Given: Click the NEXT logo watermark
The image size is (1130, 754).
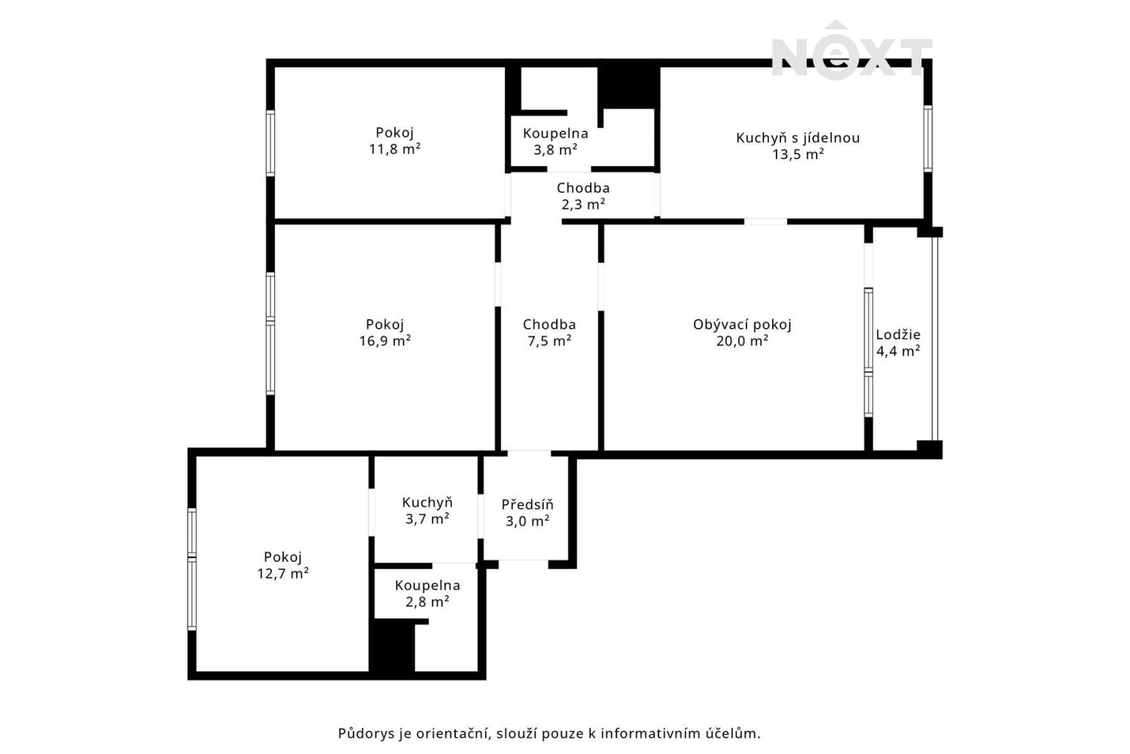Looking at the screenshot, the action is [851, 51].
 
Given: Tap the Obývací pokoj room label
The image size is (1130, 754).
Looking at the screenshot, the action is [742, 325].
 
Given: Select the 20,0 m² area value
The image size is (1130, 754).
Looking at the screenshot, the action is [742, 341].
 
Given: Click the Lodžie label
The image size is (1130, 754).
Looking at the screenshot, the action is [898, 334].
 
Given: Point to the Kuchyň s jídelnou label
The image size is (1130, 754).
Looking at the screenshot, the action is [798, 138].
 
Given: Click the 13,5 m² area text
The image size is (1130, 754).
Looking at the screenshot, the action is [798, 154].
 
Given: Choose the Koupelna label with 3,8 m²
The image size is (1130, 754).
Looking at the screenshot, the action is [555, 133].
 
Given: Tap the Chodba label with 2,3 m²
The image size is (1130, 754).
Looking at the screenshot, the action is [583, 188].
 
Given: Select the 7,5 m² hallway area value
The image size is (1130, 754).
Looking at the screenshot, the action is [549, 341].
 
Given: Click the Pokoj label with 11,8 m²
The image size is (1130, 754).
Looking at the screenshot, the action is [395, 133].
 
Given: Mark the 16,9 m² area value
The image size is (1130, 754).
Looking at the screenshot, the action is [385, 341].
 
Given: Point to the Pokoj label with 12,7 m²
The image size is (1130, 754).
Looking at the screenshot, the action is [282, 557].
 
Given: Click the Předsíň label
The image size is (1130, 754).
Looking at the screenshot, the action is [527, 504].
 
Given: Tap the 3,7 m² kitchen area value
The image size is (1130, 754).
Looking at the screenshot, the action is [427, 519].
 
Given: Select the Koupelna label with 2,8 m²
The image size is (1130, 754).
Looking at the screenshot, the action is [427, 585].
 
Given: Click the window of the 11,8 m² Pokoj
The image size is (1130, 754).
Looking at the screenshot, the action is [270, 143].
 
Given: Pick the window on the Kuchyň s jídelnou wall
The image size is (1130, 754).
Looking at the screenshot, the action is [927, 139].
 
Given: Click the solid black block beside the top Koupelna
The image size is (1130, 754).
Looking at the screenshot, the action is [628, 87].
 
